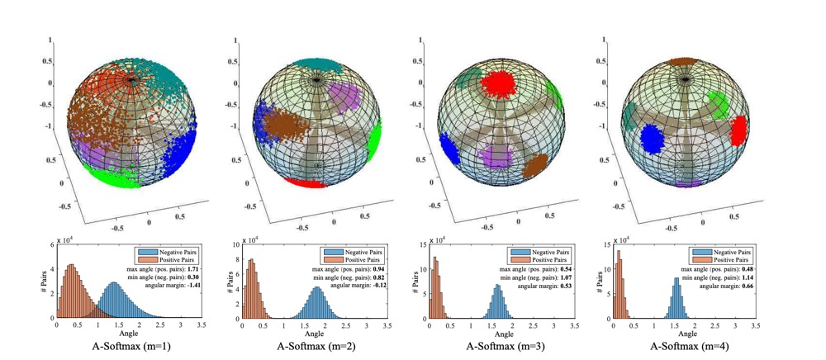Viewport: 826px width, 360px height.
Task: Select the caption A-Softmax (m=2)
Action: pos(311,347)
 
